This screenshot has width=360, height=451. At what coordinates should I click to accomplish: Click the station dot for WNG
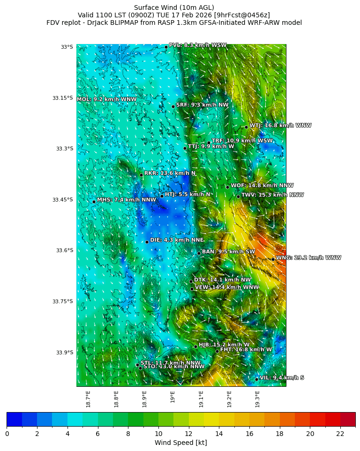[273, 259]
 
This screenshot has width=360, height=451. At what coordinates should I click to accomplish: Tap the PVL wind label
[197, 45]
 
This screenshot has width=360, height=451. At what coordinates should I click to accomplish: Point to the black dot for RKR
[141, 175]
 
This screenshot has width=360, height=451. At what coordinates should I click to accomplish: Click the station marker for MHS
[94, 202]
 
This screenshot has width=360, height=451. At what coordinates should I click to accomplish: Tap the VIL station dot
[256, 379]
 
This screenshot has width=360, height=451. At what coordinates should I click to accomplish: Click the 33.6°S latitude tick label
[64, 250]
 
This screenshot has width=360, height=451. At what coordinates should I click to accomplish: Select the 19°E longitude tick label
[173, 397]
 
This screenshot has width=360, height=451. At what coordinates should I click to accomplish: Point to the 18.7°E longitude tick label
[88, 398]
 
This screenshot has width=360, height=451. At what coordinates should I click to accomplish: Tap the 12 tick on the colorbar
[189, 434]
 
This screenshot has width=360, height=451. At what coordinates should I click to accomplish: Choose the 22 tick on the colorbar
[340, 434]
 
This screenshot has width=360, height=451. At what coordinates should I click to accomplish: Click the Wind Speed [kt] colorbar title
[180, 443]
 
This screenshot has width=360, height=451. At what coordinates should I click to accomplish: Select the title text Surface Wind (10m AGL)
[174, 8]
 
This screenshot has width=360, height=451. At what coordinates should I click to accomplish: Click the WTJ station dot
[246, 127]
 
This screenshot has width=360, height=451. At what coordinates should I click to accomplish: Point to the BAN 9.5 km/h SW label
[228, 252]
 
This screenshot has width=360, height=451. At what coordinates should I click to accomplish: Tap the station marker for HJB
[195, 346]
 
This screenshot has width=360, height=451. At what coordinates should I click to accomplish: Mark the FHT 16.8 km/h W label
[246, 350]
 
